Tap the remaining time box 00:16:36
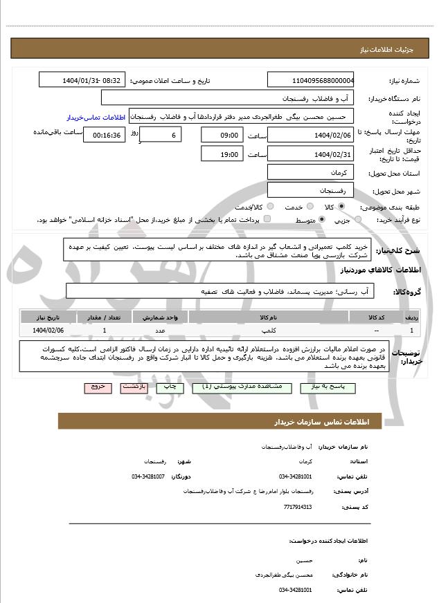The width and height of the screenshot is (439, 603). tap(104, 135)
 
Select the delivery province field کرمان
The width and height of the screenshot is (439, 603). tap(310, 171)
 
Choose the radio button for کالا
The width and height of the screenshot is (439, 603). tap(341, 207)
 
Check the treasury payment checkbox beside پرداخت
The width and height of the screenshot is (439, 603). tap(267, 220)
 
